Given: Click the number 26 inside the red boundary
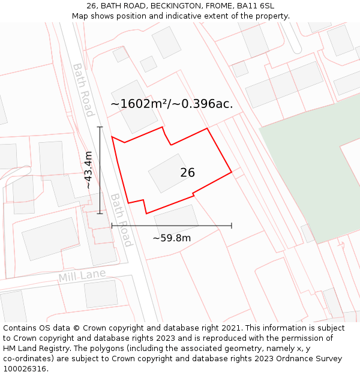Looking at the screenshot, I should [x=187, y=173].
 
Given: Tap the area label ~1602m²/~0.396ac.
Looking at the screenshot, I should [x=172, y=104].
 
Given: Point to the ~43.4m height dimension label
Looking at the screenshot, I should [x=89, y=170].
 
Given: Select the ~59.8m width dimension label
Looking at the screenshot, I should [x=172, y=238].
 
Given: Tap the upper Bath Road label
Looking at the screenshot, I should [x=83, y=90].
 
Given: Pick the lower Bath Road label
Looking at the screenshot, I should [x=121, y=220].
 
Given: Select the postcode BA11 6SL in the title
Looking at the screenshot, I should [x=256, y=6].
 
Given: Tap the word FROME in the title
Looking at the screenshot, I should [x=217, y=6].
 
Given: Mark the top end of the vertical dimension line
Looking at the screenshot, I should [x=100, y=127].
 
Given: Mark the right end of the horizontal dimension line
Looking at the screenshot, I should [x=232, y=226].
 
